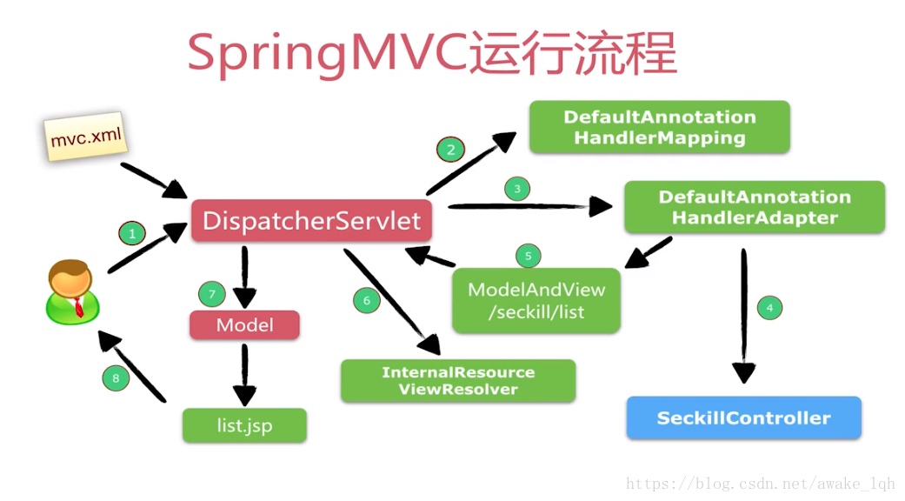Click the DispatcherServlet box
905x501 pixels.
click(x=312, y=220)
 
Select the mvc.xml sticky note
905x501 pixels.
click(x=85, y=137)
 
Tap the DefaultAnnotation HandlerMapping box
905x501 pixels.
click(x=659, y=127)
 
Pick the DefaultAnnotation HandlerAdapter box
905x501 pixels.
click(x=755, y=207)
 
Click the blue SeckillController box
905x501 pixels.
click(x=743, y=417)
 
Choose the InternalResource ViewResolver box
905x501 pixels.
click(x=457, y=380)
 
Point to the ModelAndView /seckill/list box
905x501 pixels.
click(x=536, y=300)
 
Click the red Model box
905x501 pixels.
click(x=244, y=325)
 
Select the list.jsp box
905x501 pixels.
click(x=244, y=425)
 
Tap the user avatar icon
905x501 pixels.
click(x=72, y=292)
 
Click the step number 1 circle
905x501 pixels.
click(x=132, y=234)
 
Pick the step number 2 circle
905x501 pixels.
click(x=451, y=150)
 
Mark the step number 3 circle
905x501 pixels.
click(x=517, y=189)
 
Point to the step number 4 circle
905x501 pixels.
click(x=769, y=308)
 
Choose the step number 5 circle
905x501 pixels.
click(x=528, y=256)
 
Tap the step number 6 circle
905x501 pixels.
click(x=367, y=300)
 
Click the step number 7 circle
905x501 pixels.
click(x=212, y=294)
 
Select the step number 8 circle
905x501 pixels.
click(x=116, y=378)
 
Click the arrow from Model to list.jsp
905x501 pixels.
click(x=244, y=375)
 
